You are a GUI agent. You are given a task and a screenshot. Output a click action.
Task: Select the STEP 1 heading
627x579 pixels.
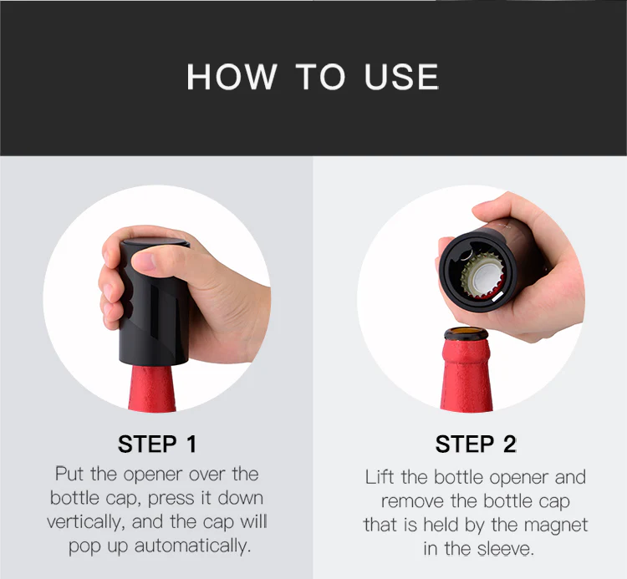pos(157,444)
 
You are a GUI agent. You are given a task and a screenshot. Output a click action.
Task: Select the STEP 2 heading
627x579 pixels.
pos(476,444)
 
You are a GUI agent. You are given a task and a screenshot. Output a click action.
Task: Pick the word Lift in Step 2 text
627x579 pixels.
pos(380,478)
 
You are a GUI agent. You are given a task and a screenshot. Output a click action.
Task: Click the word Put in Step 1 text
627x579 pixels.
pos(69,474)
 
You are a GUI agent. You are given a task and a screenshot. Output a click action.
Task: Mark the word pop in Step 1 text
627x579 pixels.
pos(84,547)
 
